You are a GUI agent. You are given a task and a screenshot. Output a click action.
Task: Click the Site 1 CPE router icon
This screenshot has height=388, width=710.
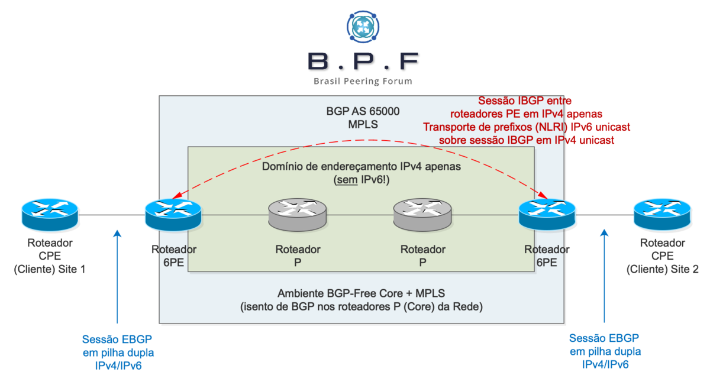click(50, 214)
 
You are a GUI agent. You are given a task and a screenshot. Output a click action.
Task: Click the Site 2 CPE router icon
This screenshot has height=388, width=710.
click(661, 214)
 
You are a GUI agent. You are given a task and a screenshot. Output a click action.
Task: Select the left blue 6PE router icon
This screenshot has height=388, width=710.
click(173, 214)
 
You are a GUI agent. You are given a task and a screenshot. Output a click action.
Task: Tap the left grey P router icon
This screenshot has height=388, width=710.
click(298, 214)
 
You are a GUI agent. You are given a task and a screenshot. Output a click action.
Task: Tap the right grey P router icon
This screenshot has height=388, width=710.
click(422, 214)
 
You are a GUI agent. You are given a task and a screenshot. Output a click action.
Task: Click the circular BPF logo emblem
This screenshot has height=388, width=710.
click(363, 25)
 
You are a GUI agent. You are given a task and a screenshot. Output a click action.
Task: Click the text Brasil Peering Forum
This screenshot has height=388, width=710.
click(363, 81)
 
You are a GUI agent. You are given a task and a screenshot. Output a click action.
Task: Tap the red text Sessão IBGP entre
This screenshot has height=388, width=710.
click(524, 101)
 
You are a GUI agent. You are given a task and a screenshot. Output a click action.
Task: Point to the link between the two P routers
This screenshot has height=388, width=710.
click(360, 215)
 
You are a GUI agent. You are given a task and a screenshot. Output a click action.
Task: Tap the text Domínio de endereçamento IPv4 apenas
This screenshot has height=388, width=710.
click(361, 167)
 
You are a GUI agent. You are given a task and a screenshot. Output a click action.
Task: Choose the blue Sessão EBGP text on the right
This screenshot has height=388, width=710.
click(604, 339)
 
